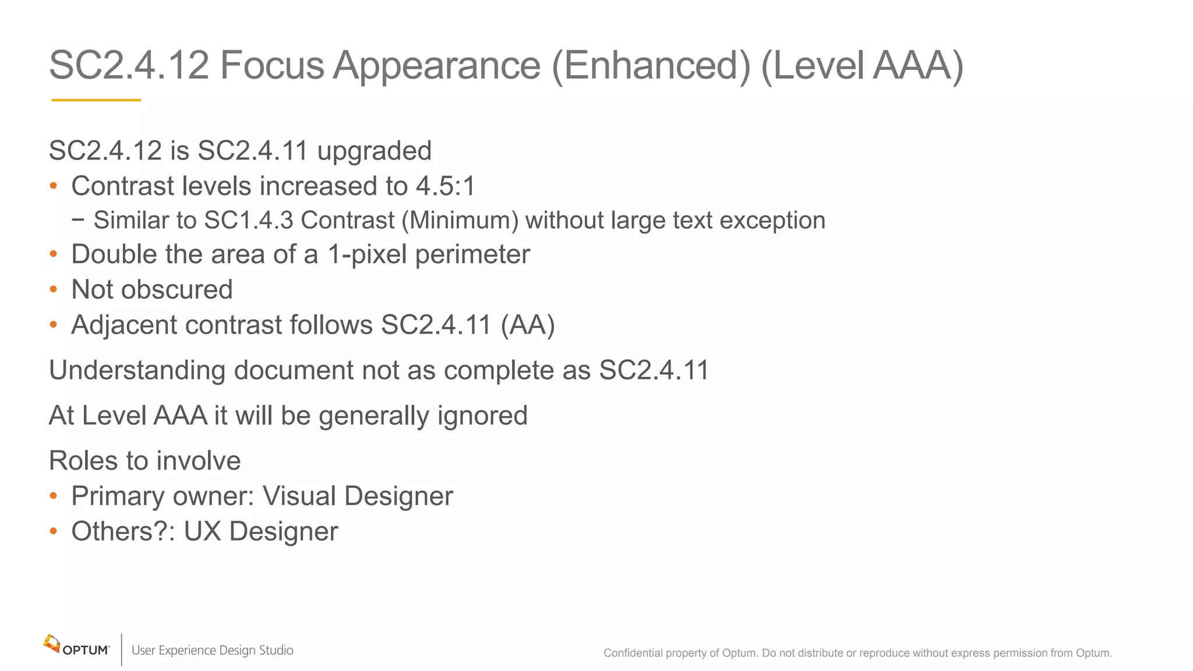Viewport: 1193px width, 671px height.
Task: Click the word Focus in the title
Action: (271, 65)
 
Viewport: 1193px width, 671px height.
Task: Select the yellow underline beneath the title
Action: (96, 100)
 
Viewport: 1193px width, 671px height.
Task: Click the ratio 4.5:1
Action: (446, 186)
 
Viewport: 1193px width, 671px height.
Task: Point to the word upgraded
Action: (374, 151)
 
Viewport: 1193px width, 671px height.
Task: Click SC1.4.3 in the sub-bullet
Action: (249, 221)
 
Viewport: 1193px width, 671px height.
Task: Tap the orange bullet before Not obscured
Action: (54, 289)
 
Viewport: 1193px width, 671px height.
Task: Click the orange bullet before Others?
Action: (54, 531)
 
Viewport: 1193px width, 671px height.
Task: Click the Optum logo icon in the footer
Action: (52, 644)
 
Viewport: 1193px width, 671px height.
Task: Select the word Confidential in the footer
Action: (633, 653)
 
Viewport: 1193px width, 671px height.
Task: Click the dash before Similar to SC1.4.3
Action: (78, 220)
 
